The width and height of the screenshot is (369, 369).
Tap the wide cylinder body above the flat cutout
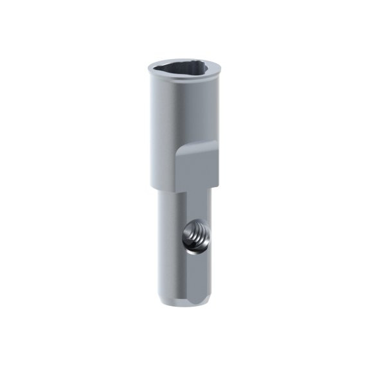(x=183, y=109)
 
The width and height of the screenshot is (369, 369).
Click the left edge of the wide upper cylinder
(x=150, y=129)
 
